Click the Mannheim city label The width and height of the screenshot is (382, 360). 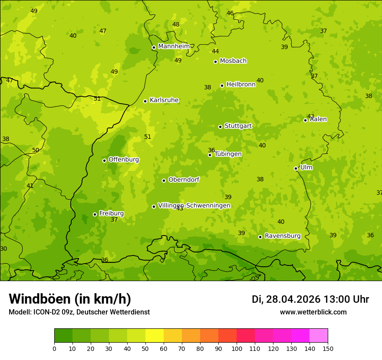[174, 46]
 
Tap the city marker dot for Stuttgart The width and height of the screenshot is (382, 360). [220, 127]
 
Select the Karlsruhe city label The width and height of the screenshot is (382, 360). [164, 100]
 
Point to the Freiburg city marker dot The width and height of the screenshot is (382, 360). [95, 214]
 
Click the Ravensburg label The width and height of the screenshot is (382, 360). [283, 236]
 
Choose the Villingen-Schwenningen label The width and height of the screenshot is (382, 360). [194, 206]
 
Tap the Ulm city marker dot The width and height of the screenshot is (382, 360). [296, 168]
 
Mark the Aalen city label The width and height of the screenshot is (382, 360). [318, 119]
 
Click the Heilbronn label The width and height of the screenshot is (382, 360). [241, 85]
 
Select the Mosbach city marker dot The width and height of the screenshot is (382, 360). [215, 62]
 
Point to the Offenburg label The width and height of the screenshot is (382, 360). [124, 160]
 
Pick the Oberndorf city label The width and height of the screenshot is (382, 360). [184, 180]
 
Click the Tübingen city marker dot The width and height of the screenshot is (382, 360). [210, 155]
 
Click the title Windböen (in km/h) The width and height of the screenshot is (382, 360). [70, 299]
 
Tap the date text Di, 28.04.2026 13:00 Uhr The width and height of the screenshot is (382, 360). [310, 299]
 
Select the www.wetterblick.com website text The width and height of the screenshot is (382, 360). [313, 312]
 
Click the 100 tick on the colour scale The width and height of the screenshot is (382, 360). [237, 348]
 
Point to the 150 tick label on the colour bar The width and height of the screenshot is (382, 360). [328, 348]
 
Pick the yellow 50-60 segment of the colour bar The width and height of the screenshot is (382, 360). [155, 336]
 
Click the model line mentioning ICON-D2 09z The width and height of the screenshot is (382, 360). [79, 312]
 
